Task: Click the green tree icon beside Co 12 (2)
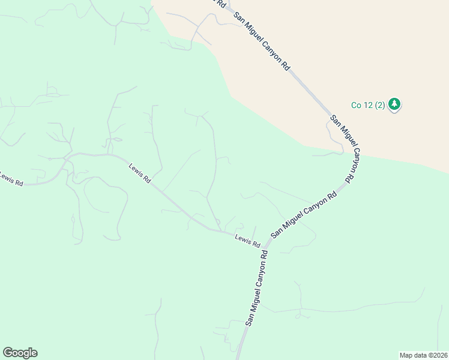click(x=394, y=104)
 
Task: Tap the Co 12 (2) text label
click(x=368, y=105)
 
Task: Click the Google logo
click(x=20, y=353)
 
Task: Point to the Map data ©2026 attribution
click(x=423, y=355)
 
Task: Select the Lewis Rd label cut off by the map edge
click(x=10, y=178)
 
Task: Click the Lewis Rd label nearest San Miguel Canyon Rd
click(x=247, y=241)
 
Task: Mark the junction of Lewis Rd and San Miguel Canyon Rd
click(x=266, y=243)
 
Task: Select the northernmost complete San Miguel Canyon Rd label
click(x=262, y=42)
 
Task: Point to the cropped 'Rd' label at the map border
click(x=220, y=3)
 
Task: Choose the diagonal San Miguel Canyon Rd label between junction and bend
click(x=303, y=215)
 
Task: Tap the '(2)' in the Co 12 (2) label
click(x=379, y=105)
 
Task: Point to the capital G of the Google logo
click(x=8, y=352)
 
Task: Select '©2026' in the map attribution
click(x=434, y=355)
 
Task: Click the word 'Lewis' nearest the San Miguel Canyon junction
click(x=243, y=239)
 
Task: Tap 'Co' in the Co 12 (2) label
click(x=357, y=105)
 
